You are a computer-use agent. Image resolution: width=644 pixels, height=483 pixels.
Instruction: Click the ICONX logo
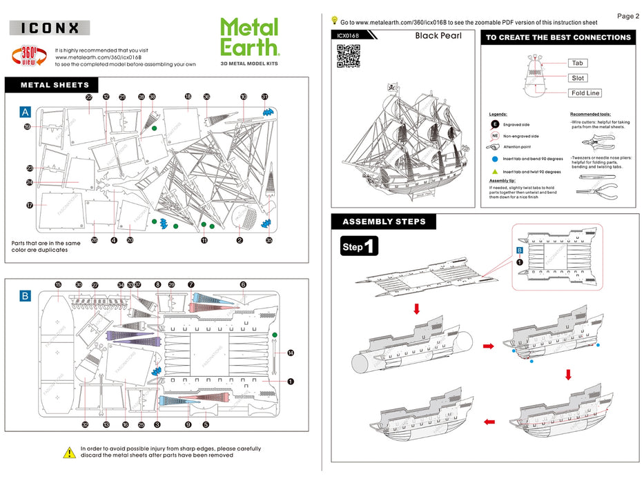[x=49, y=28]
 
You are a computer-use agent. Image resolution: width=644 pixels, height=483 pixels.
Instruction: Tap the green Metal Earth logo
[x=249, y=37]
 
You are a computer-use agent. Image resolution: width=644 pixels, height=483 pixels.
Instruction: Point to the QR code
[x=349, y=56]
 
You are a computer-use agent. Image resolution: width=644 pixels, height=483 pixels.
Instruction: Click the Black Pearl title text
[x=438, y=36]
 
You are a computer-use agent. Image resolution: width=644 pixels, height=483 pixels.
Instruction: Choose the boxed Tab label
[x=578, y=63]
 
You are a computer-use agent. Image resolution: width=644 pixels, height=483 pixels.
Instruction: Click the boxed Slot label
[x=578, y=78]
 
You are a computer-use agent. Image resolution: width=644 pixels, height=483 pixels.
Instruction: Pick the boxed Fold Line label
[x=585, y=93]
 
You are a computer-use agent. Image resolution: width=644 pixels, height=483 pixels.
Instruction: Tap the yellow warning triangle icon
[x=70, y=453]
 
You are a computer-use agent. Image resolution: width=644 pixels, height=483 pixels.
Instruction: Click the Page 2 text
[x=627, y=16]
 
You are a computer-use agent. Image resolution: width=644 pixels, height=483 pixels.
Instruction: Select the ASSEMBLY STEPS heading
[x=384, y=221]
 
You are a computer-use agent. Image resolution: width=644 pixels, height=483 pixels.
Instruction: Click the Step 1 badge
[x=360, y=246]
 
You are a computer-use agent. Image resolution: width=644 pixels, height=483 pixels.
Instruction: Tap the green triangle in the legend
[x=494, y=171]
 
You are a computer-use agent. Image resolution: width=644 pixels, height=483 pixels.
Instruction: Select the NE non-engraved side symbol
[x=494, y=137]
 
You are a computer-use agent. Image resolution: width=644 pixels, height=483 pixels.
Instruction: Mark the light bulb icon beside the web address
[x=335, y=21]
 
